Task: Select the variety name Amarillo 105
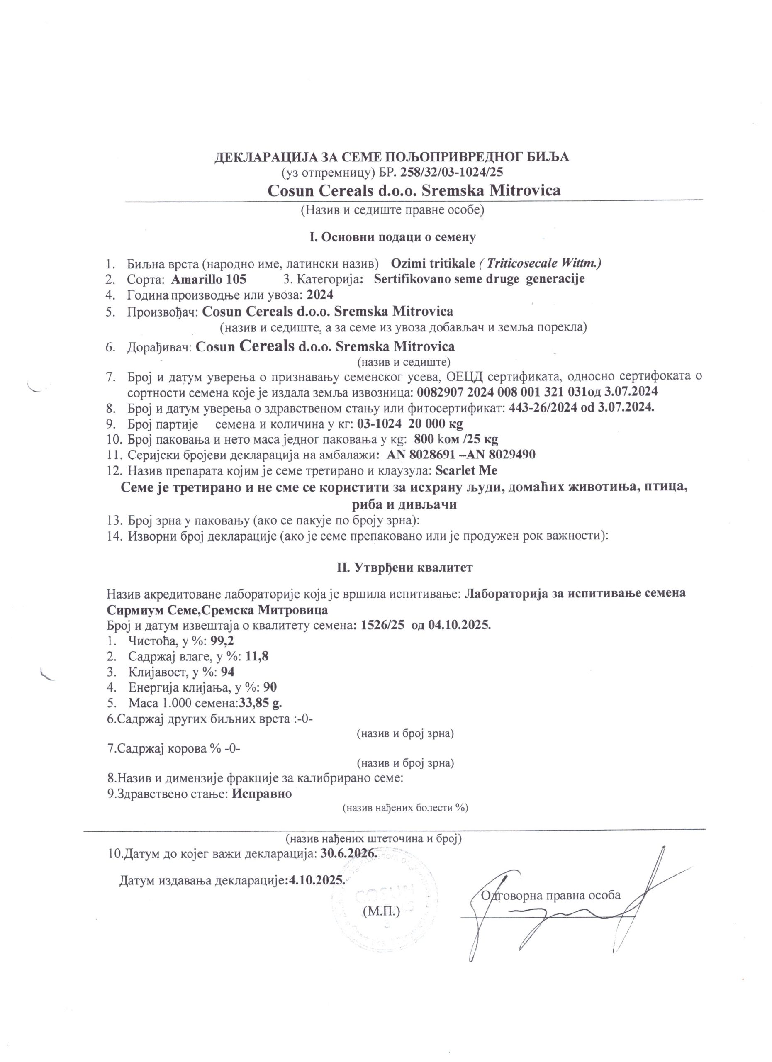[209, 279]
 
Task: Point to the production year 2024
[320, 295]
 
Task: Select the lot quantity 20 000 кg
[436, 424]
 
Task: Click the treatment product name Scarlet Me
[466, 470]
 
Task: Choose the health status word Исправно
[262, 794]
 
